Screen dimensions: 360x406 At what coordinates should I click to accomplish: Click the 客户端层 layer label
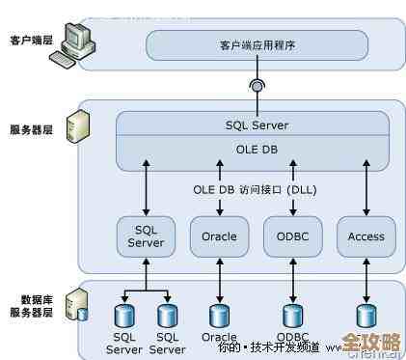(x=29, y=41)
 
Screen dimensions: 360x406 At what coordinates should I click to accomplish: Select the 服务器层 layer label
(x=29, y=127)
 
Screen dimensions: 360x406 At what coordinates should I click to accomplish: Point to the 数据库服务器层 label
(x=29, y=307)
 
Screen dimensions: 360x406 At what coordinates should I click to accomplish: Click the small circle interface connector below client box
(x=257, y=85)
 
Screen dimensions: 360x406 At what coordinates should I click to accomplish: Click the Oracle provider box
(x=219, y=235)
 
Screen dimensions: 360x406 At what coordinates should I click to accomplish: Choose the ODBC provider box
(x=291, y=235)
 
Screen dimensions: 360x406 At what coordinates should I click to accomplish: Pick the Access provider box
(x=365, y=235)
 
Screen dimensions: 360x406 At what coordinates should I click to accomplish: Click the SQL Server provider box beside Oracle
(x=146, y=235)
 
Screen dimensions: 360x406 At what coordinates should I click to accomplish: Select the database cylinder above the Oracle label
(x=219, y=315)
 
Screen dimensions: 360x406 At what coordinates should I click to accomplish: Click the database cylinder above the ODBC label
(x=291, y=315)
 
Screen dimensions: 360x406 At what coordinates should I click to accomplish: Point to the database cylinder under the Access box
(x=365, y=315)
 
